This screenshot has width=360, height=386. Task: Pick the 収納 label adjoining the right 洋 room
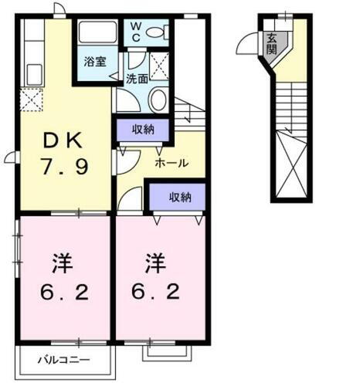point(179,197)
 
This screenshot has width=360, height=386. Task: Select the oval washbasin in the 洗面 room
point(158,99)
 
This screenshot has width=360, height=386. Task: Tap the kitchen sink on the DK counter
point(34,75)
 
